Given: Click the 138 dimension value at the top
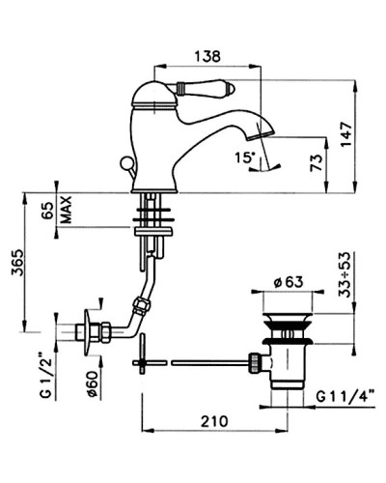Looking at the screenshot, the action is (207, 56).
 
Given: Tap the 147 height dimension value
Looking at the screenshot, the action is (346, 134).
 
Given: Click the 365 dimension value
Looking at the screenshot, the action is (17, 262).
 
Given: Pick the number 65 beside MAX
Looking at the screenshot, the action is (48, 211).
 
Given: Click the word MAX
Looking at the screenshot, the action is (66, 211).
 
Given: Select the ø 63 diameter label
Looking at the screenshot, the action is (289, 282).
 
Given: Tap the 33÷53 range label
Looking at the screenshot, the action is (345, 274).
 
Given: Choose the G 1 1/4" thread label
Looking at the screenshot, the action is (345, 396).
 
